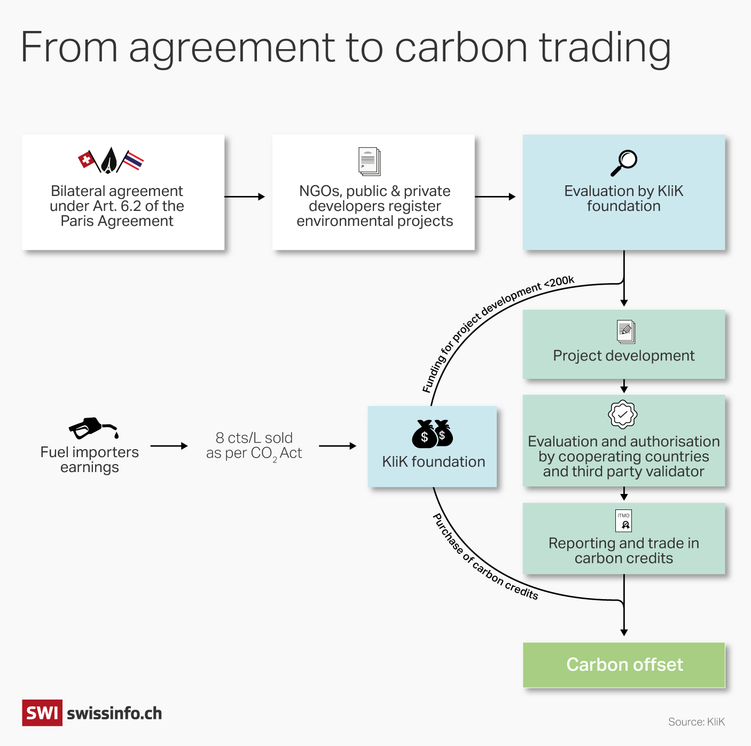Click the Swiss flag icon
pyautogui.click(x=87, y=159)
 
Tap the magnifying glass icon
pyautogui.click(x=624, y=162)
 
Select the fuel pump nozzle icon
pyautogui.click(x=92, y=428)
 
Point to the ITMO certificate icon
pyautogui.click(x=623, y=521)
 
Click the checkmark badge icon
pyautogui.click(x=623, y=414)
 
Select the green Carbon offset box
pyautogui.click(x=624, y=665)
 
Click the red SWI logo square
pyautogui.click(x=42, y=713)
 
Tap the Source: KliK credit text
pyautogui.click(x=696, y=722)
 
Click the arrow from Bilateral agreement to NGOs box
pyautogui.click(x=244, y=197)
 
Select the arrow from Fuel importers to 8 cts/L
pyautogui.click(x=169, y=446)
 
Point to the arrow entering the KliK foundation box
pyautogui.click(x=337, y=446)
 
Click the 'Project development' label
pyautogui.click(x=624, y=356)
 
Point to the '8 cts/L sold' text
pyautogui.click(x=254, y=438)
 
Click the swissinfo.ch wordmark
pyautogui.click(x=114, y=713)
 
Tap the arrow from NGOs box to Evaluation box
pyautogui.click(x=495, y=197)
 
